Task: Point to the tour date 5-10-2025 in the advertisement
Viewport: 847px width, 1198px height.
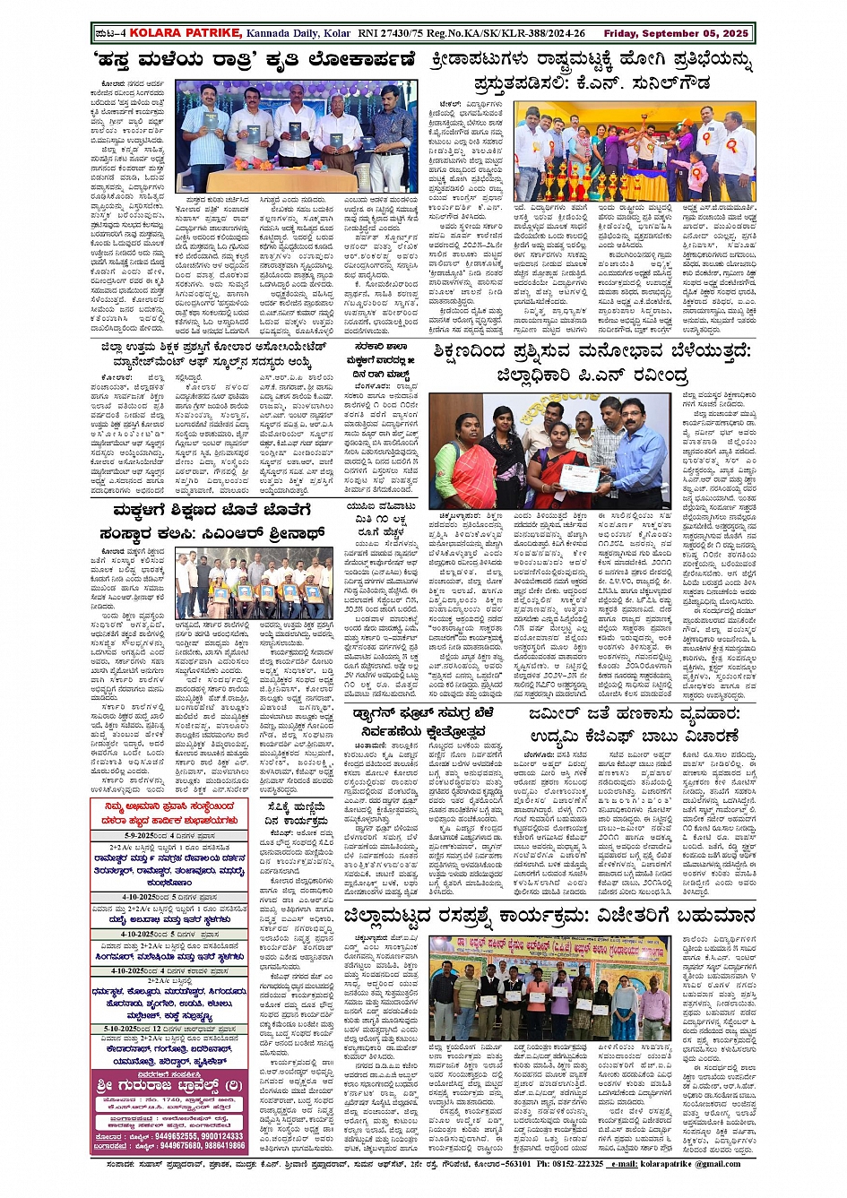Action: [x=124, y=1029]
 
